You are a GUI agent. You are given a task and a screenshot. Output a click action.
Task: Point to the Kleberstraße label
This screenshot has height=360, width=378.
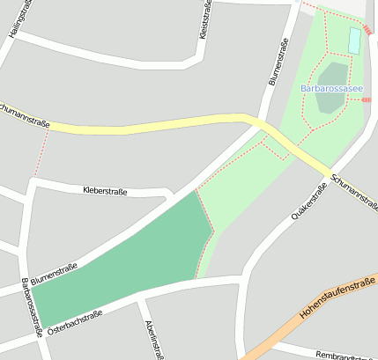coord(106,190)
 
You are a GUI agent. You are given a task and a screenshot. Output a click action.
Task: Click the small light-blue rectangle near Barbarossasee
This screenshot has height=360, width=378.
coord(354,40)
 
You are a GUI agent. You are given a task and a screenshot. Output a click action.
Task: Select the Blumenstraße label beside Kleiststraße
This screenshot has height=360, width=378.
coord(278,61)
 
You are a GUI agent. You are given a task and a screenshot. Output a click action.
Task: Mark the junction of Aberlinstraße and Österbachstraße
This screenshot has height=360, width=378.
coord(140,300)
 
